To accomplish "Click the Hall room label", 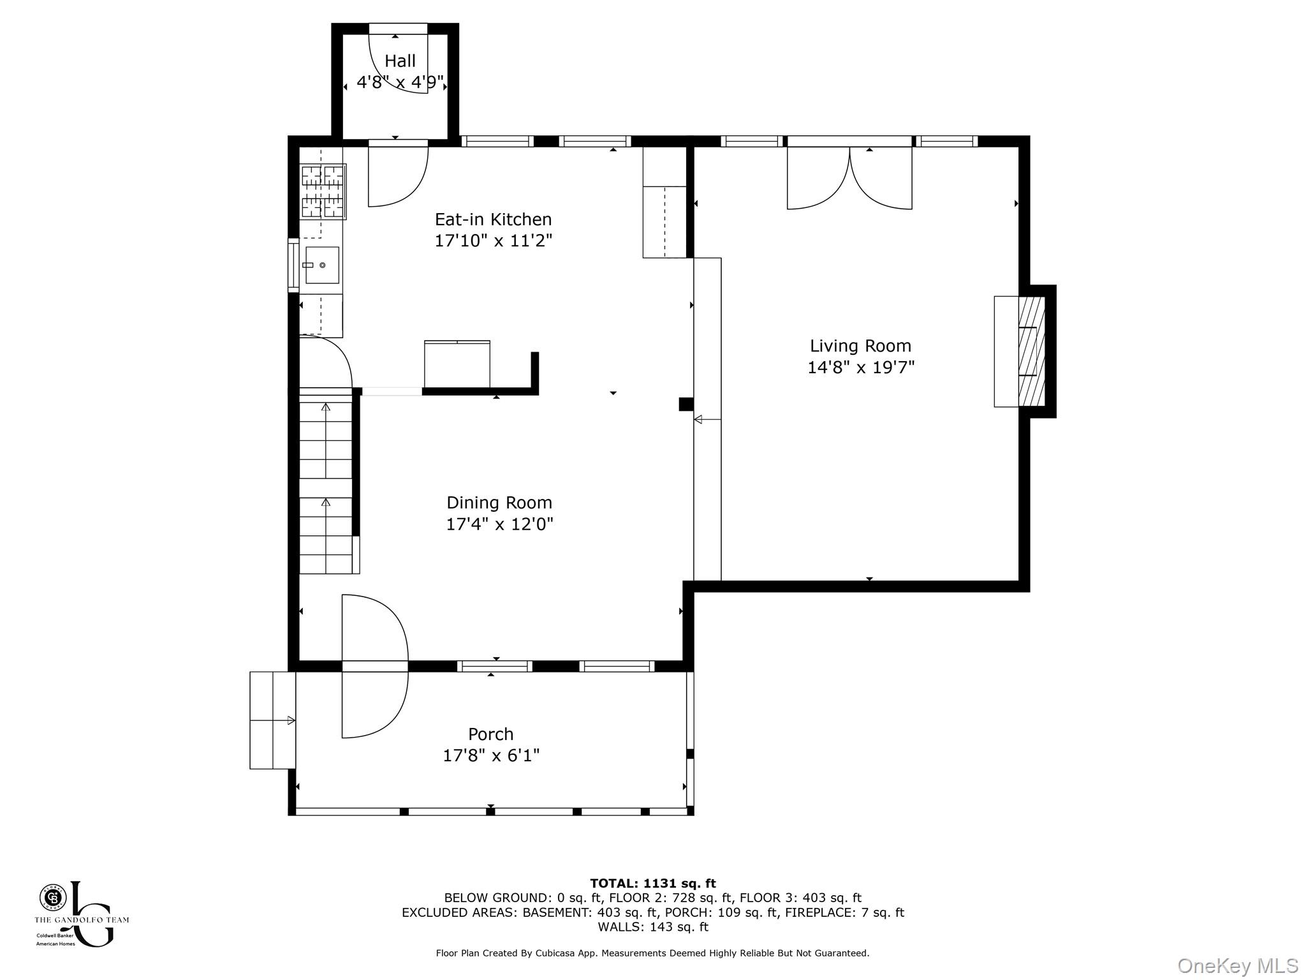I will pos(400,61).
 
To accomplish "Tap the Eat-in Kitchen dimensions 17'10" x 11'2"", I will pos(493,241).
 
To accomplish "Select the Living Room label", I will pos(860,346).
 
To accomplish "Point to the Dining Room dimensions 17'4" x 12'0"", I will pos(499,524).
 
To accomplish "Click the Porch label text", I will pos(490,734).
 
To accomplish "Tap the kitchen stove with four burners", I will pos(323,191).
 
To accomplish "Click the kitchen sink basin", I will pos(322,265).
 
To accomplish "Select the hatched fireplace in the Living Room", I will pos(1031,352).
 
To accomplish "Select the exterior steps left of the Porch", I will pos(272,720).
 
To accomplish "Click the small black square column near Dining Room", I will pos(686,404).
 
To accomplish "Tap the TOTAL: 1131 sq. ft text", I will pos(652,884).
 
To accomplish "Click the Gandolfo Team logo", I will pos(81,914).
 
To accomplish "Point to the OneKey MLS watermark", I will pos(1237,966).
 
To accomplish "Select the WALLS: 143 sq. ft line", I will pos(652,927).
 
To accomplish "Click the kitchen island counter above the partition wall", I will pos(457,364).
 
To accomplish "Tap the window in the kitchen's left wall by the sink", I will pos(293,265).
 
